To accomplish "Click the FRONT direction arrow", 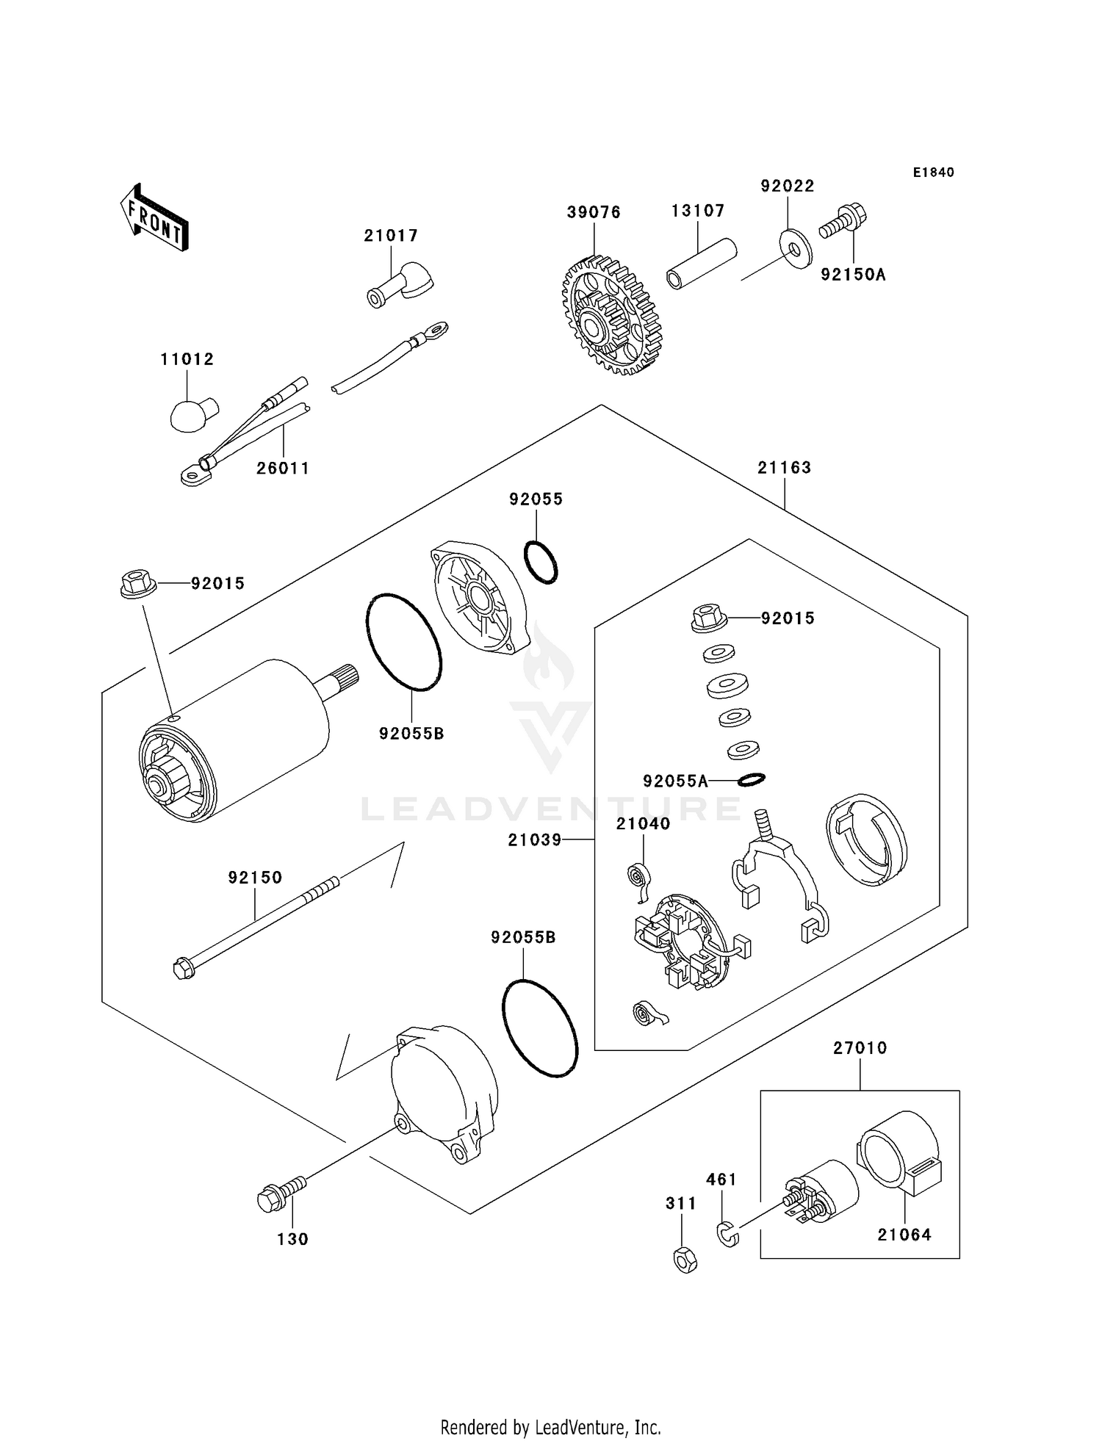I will pyautogui.click(x=155, y=218).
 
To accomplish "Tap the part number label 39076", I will pyautogui.click(x=594, y=212).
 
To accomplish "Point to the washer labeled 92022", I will pyautogui.click(x=794, y=248).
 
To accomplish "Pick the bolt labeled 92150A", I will pyautogui.click(x=843, y=220).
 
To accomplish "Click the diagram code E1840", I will pyautogui.click(x=933, y=173).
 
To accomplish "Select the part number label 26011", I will pyautogui.click(x=283, y=469).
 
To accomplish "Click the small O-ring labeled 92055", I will pyautogui.click(x=541, y=563).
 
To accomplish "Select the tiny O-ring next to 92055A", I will pyautogui.click(x=751, y=779).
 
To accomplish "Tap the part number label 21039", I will pyautogui.click(x=534, y=839).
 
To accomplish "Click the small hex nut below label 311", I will pyautogui.click(x=685, y=1260).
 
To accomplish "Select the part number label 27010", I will pyautogui.click(x=860, y=1048).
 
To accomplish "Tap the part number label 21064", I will pyautogui.click(x=904, y=1235).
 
